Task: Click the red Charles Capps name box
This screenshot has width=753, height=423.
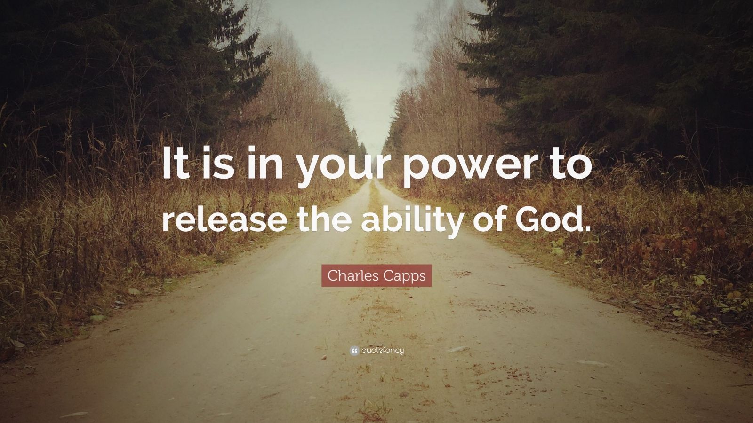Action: pos(376,276)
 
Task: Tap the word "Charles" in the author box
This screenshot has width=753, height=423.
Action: pos(349,276)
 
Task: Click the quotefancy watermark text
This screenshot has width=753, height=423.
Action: pos(383,350)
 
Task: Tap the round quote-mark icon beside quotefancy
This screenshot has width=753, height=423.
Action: pos(354,350)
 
